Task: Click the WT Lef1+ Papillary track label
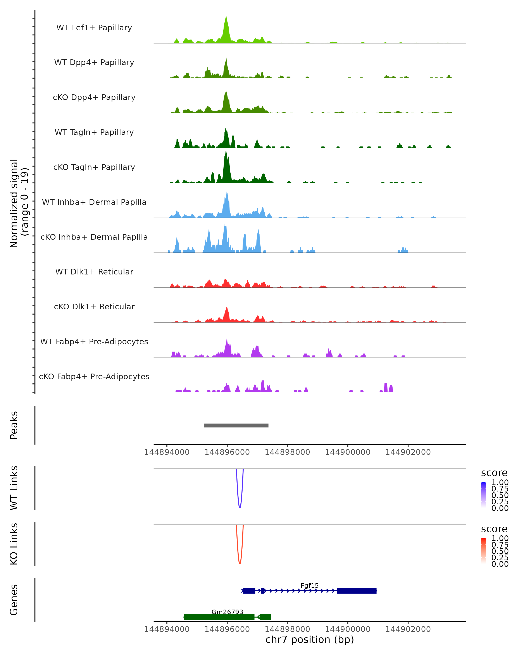(x=94, y=28)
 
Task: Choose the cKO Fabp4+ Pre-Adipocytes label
(x=94, y=376)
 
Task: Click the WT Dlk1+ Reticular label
(x=94, y=272)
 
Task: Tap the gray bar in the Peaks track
(x=236, y=425)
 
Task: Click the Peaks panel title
(x=14, y=425)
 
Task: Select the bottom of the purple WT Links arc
(x=240, y=507)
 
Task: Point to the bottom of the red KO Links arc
(x=240, y=563)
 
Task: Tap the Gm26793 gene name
(x=227, y=612)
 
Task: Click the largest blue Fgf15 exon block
(x=357, y=591)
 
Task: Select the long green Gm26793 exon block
(x=219, y=617)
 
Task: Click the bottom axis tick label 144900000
(x=348, y=629)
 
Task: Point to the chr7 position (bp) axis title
(x=310, y=640)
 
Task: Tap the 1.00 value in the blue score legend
(x=500, y=483)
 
